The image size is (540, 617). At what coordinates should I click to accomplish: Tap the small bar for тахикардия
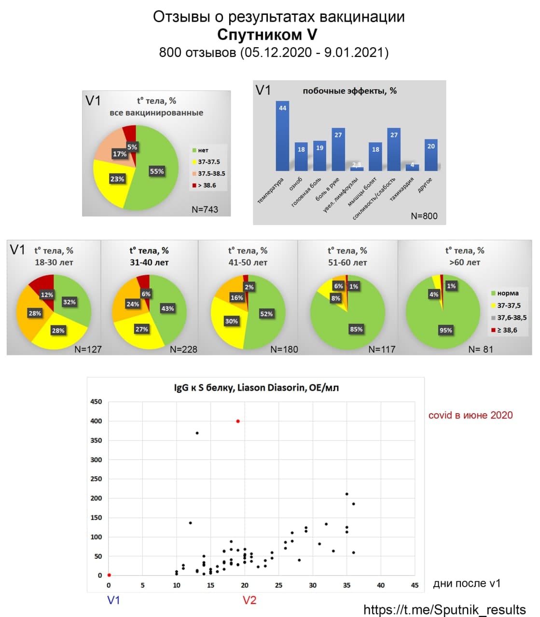[413, 167]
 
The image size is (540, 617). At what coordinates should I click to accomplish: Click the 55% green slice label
[157, 171]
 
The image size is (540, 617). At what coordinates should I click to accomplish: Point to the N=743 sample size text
[205, 209]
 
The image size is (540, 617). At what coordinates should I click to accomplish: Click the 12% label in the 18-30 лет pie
[47, 295]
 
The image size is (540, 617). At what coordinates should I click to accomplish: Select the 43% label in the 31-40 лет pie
[167, 308]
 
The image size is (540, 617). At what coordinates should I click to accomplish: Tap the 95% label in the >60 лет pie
[445, 330]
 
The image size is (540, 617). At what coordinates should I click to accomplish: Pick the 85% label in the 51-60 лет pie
[356, 329]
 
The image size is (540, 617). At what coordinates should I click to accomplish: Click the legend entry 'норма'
[507, 293]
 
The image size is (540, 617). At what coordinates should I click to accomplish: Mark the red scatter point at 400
[238, 421]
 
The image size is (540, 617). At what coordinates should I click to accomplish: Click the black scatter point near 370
[197, 433]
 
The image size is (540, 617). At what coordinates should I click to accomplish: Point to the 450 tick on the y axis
[96, 402]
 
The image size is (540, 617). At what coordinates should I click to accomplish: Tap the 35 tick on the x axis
[346, 585]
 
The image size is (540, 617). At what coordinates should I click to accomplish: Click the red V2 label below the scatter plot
[249, 600]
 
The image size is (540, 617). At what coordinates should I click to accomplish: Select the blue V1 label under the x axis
[113, 600]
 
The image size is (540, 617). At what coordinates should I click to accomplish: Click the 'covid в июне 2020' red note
[470, 415]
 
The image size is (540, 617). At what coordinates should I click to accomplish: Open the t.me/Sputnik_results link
[444, 609]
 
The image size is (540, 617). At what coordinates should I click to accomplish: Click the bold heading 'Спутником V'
[267, 35]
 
